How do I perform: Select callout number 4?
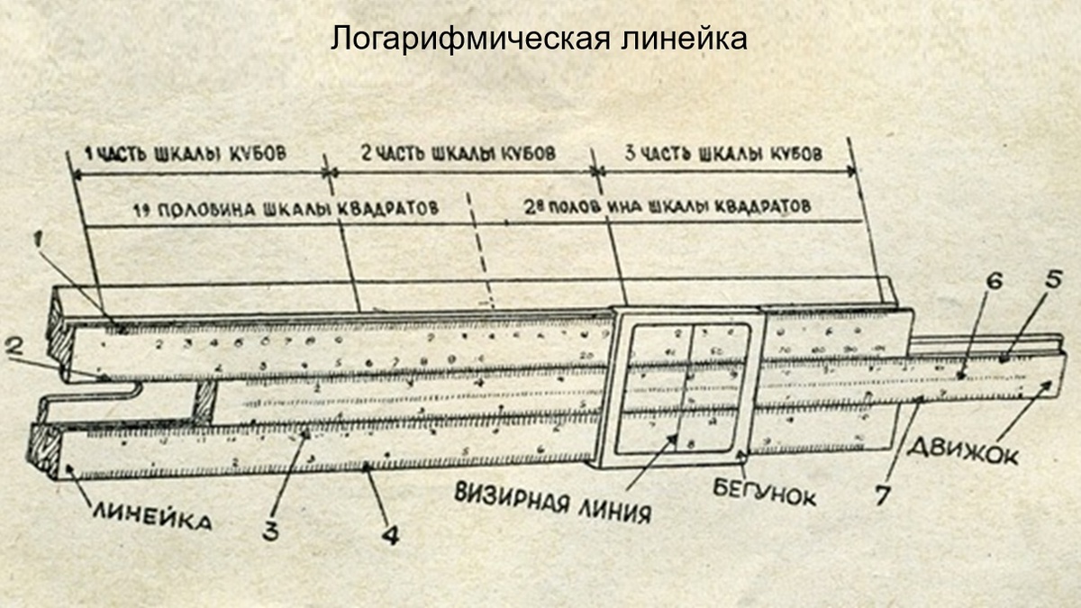coord(389,534)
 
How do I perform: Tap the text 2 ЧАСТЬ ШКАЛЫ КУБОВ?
coord(457,153)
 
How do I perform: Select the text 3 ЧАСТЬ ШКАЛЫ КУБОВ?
coord(723,153)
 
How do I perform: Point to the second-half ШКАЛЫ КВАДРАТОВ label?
coord(666,206)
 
